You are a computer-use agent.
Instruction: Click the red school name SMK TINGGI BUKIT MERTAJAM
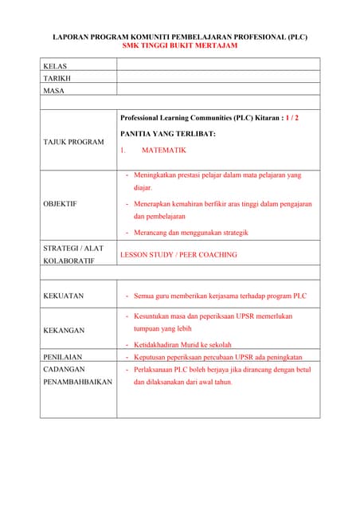tap(179, 45)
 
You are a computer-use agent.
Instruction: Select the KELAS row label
tap(55, 65)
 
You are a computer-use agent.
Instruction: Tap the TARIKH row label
tap(57, 78)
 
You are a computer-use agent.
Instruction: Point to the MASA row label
tap(54, 91)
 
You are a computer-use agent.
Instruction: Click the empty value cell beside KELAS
tap(217, 65)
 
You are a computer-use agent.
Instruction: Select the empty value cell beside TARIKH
tap(217, 78)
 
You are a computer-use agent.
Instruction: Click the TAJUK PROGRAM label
tap(73, 142)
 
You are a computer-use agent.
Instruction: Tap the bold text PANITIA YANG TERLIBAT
tap(167, 134)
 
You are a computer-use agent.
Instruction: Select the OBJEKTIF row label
tap(60, 204)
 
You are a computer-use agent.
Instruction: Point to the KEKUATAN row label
tap(63, 296)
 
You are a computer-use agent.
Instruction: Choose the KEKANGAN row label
tap(63, 330)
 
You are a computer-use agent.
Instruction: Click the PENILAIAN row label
tap(63, 357)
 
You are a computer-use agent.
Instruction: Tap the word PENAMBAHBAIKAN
tap(77, 382)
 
